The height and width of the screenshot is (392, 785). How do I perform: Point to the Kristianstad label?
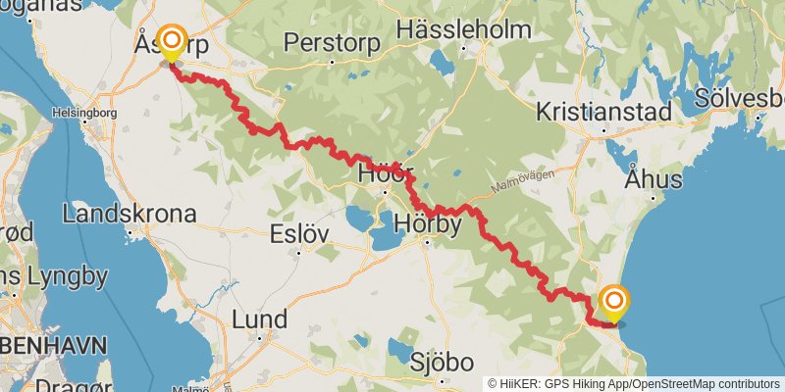603,113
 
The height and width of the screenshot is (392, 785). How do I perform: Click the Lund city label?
259,319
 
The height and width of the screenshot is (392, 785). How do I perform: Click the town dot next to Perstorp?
332,61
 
